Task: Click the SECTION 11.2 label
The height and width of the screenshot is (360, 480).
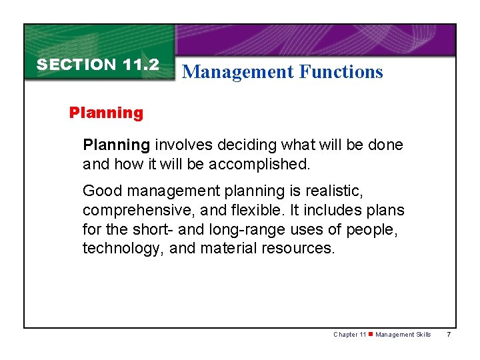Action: [97, 65]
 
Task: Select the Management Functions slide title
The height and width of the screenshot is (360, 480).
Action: [282, 71]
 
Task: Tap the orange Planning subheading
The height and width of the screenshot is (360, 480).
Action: [106, 113]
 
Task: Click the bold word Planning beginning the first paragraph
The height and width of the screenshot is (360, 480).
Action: [116, 145]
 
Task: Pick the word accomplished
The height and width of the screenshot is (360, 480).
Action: [264, 163]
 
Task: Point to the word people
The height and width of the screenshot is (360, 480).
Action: [377, 229]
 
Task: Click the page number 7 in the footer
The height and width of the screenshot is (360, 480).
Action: [449, 335]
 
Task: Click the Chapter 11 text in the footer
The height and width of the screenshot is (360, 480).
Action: [349, 335]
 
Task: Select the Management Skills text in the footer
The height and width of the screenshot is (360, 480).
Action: [403, 335]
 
